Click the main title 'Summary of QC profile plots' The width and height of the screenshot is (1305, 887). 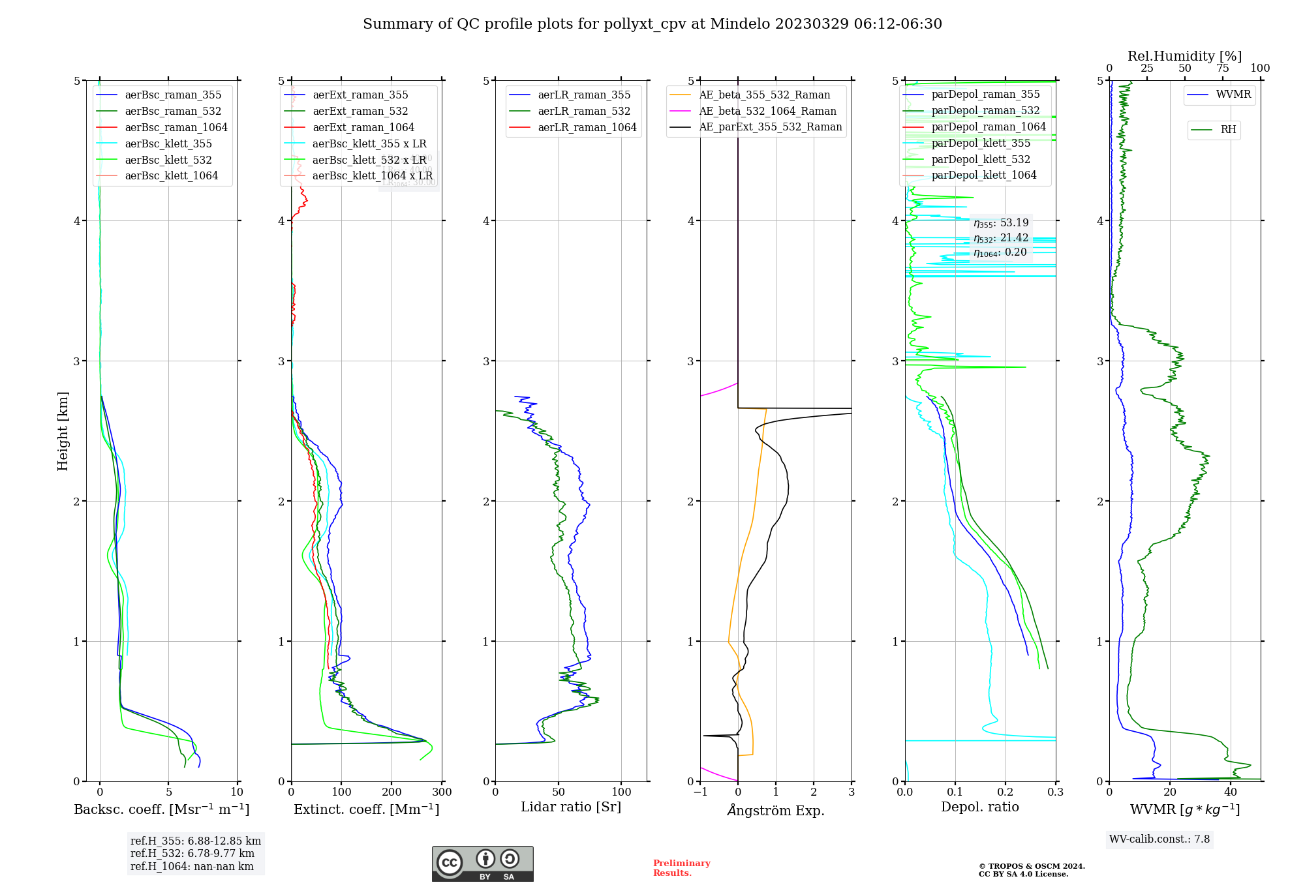652,24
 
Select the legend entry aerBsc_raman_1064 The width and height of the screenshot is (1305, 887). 176,127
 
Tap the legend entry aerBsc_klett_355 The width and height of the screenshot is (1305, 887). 168,143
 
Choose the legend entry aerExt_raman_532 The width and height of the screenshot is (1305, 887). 360,111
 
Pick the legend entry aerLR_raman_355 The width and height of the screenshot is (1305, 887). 584,95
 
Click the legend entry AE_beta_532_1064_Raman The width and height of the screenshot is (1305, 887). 767,111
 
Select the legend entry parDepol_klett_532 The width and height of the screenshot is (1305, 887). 981,159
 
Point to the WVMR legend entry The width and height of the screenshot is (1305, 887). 1233,95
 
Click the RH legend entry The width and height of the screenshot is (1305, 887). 1228,130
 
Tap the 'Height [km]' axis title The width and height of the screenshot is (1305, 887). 63,430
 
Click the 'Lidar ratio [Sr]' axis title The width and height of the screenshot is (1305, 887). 571,807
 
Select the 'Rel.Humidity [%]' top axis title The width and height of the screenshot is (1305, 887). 1184,56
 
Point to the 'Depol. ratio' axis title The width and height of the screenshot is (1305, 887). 979,807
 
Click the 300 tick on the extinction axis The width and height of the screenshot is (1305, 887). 442,792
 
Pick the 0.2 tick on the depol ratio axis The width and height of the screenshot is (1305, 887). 1006,792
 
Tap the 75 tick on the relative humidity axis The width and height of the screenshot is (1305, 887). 1222,68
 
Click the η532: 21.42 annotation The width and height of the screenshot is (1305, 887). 1001,238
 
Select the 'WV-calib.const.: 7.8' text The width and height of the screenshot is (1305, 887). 1159,839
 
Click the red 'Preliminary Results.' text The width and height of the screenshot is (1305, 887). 681,867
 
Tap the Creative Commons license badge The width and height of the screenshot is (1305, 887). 482,864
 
